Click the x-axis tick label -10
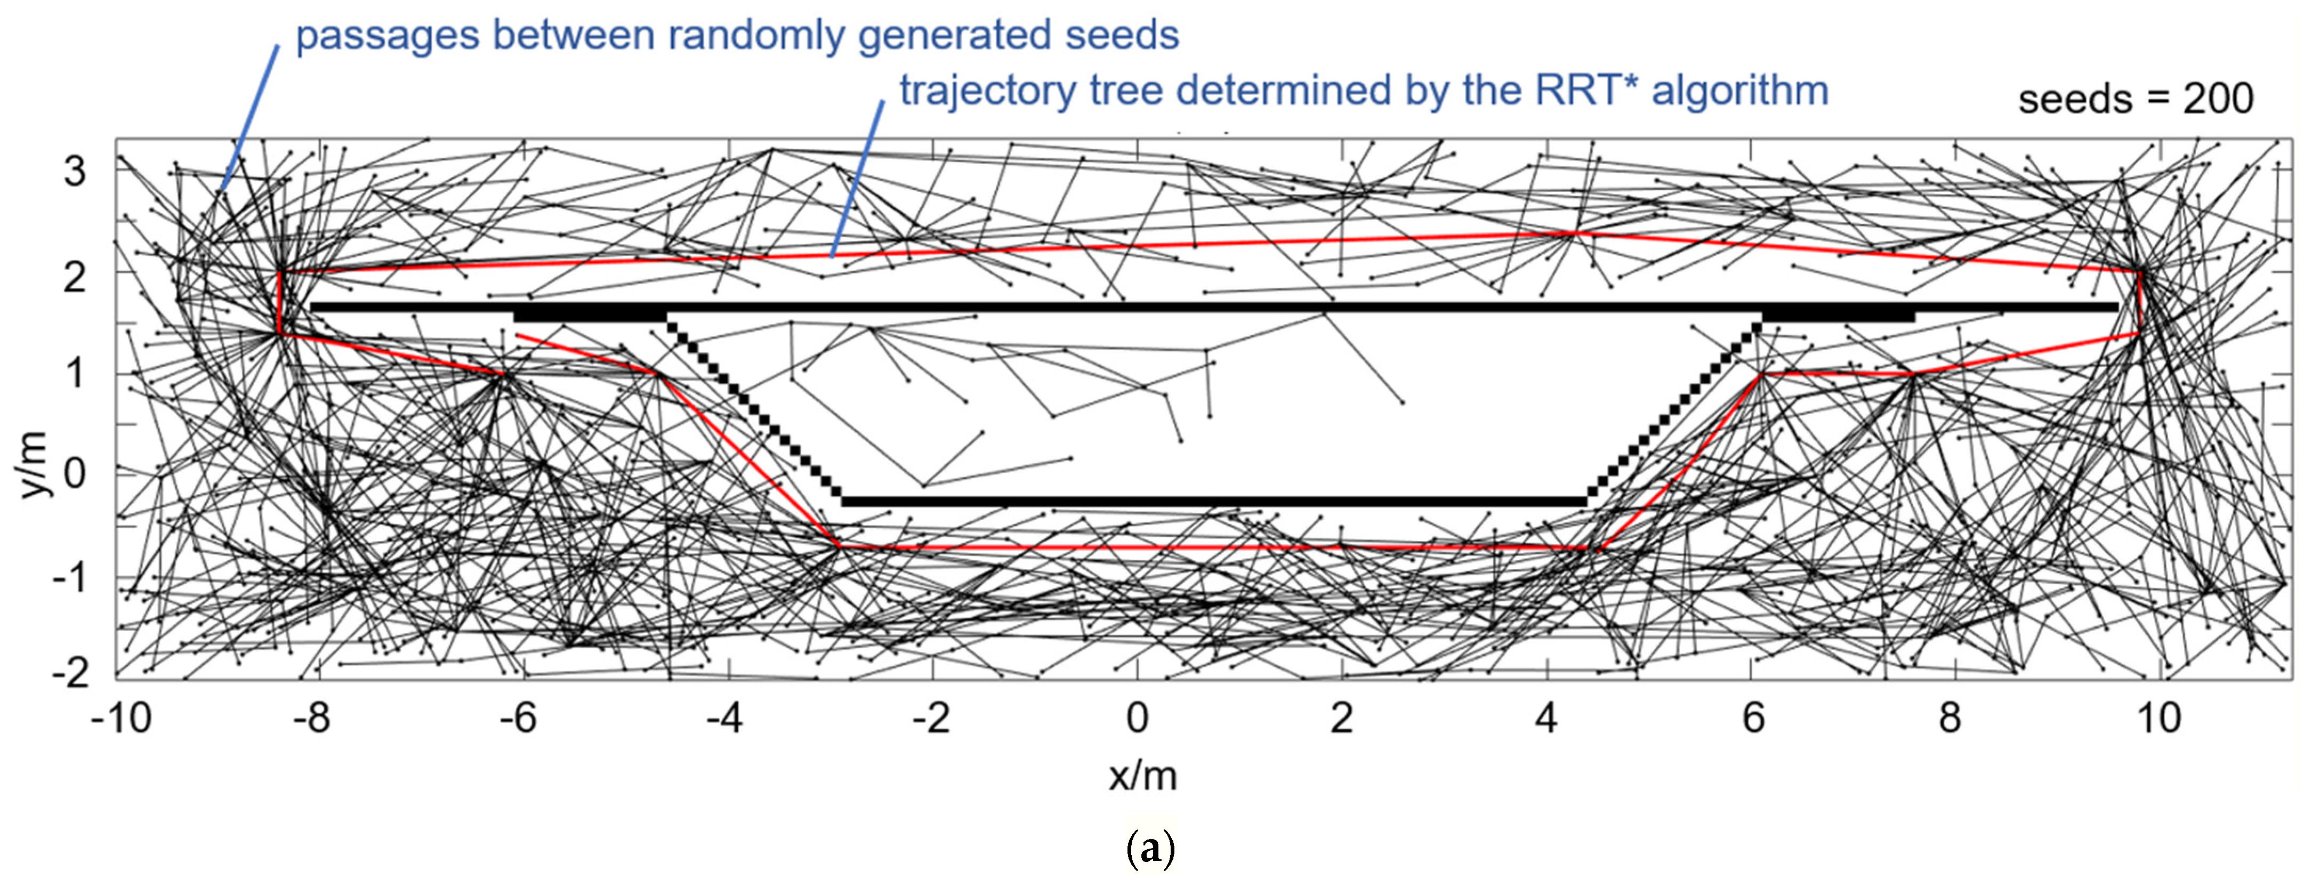121,718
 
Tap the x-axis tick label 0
1137,718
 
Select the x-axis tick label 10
2157,718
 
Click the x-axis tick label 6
1753,718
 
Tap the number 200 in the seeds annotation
2218,99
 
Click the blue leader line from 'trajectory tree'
857,180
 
